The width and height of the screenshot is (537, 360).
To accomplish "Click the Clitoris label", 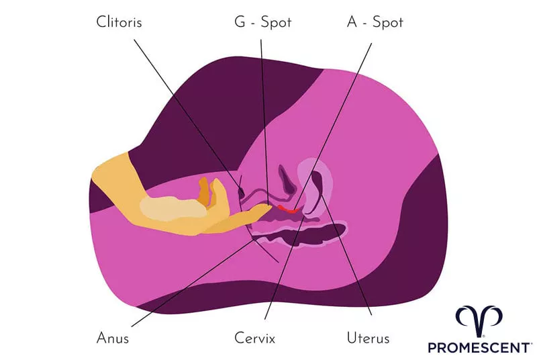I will pyautogui.click(x=119, y=22).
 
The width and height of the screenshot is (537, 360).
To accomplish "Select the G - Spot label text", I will pyautogui.click(x=262, y=22).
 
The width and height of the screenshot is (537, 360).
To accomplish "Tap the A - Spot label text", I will pyautogui.click(x=375, y=22).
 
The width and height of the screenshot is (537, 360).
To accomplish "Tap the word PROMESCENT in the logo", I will pyautogui.click(x=479, y=347).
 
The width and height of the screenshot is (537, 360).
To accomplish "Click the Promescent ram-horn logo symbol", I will pyautogui.click(x=479, y=320).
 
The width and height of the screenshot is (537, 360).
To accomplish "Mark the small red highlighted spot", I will pyautogui.click(x=288, y=210).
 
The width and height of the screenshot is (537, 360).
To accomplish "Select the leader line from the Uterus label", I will pyautogui.click(x=349, y=262).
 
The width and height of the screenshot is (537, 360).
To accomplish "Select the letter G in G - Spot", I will pyautogui.click(x=240, y=22).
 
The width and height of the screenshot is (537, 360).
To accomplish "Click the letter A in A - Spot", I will pyautogui.click(x=353, y=22).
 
